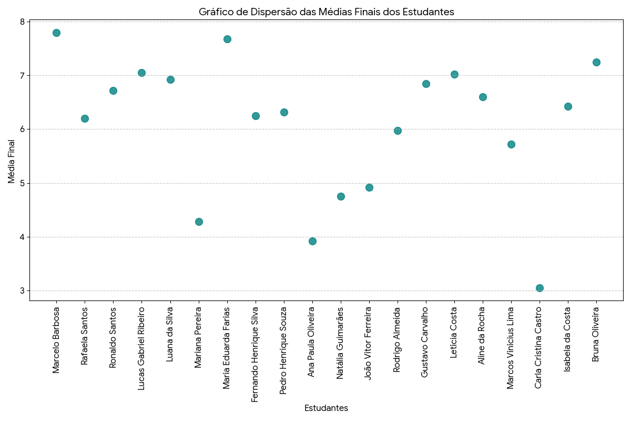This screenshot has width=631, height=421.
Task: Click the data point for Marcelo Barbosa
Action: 56,33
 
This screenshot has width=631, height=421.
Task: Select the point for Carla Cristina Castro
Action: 540,288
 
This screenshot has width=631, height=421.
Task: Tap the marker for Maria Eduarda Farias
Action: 227,39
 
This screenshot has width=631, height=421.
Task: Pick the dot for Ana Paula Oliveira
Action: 312,241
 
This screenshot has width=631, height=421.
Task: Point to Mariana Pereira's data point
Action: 199,222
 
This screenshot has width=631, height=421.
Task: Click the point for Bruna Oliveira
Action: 596,62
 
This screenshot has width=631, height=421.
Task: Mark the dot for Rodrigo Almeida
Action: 398,131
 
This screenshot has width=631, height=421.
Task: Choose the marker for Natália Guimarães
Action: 341,196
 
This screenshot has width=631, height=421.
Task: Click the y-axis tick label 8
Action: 22,22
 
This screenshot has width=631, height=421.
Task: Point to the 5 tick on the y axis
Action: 22,183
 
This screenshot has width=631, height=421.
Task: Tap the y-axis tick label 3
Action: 22,291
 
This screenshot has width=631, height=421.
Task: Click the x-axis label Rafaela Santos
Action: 85,336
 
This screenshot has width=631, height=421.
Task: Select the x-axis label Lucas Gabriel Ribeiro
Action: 141,348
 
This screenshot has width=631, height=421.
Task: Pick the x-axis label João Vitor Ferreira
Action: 369,343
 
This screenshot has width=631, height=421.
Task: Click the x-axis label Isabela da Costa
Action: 568,339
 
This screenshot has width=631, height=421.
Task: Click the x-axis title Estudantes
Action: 326,408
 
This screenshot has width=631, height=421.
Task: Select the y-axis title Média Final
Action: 12,161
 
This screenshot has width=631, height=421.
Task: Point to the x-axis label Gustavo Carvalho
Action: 426,342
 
